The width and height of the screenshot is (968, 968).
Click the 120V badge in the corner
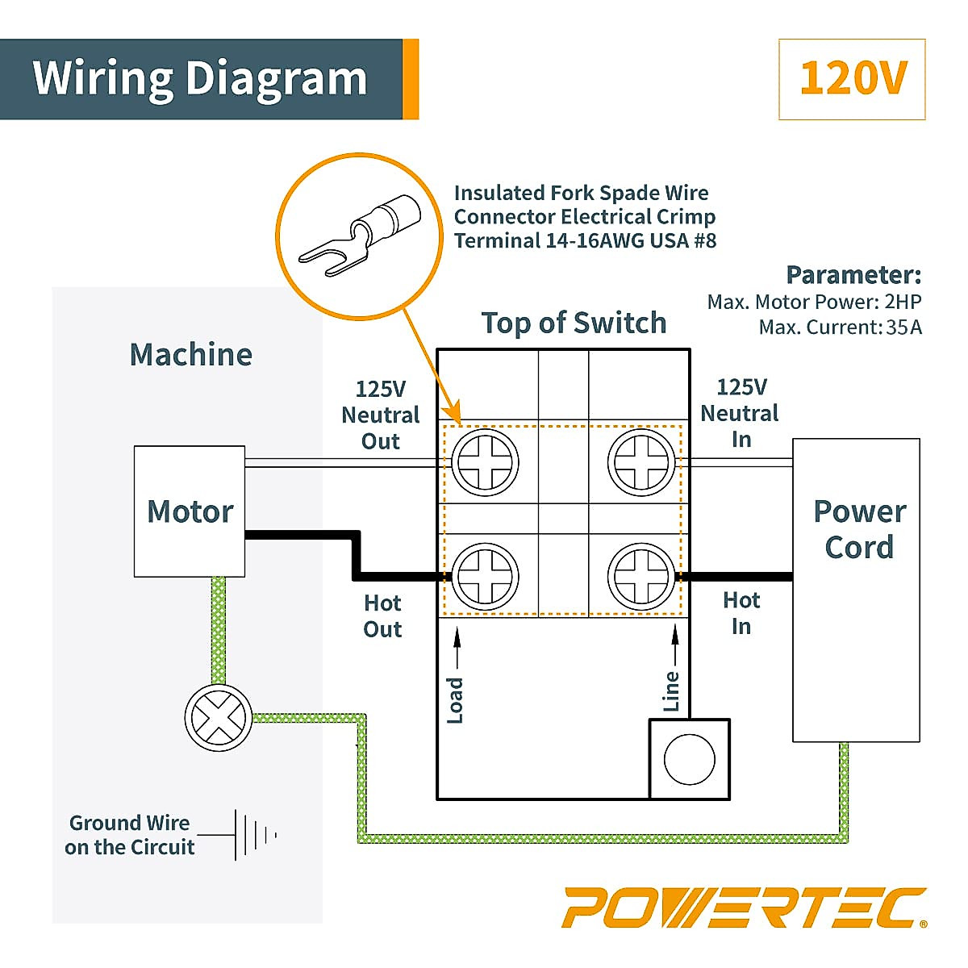tap(852, 79)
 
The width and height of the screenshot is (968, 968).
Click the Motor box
tap(190, 511)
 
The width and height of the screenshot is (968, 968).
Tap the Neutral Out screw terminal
tap(485, 463)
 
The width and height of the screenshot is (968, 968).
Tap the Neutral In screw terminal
tap(641, 463)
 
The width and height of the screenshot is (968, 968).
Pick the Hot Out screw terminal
tap(485, 576)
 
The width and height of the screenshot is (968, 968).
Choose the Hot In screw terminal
tap(641, 576)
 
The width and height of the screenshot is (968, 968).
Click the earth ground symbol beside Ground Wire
tap(254, 834)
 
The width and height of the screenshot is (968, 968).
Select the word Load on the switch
tap(455, 700)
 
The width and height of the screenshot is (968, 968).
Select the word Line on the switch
tap(672, 691)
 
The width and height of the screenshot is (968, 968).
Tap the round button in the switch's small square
tap(689, 760)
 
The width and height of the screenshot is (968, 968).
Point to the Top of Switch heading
tap(574, 323)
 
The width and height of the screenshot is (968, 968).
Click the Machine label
tap(191, 355)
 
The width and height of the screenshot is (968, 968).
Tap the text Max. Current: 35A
tap(840, 328)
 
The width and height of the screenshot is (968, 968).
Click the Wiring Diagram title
tap(200, 78)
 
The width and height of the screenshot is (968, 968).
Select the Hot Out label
tap(382, 616)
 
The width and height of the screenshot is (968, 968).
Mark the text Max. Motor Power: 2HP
tap(814, 302)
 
